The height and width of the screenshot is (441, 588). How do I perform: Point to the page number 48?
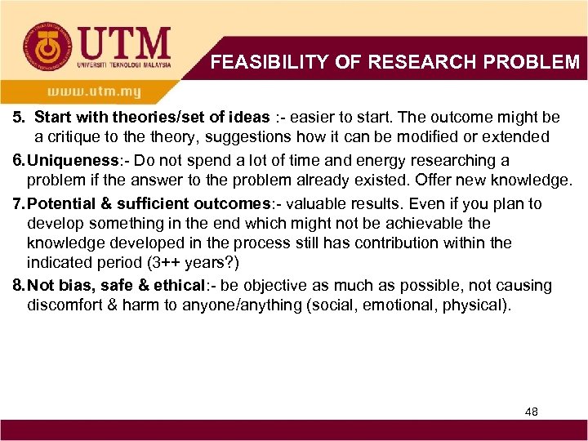click(532, 412)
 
